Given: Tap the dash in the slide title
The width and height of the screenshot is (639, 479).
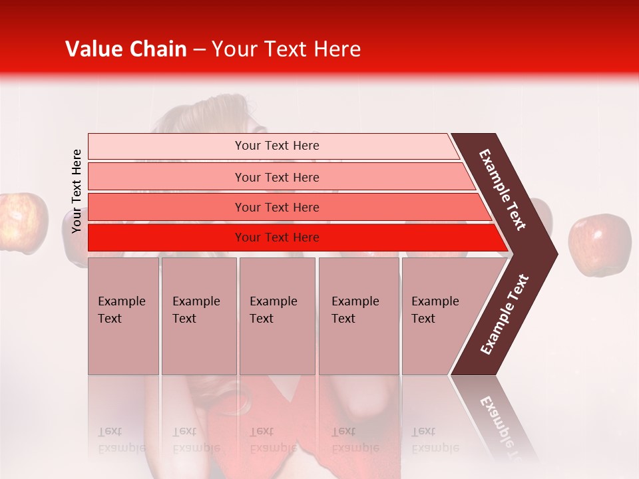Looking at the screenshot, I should click(199, 50).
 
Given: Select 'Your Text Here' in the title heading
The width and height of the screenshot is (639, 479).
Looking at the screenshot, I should click(286, 49).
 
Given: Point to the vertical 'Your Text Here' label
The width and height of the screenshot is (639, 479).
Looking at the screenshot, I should click(77, 191).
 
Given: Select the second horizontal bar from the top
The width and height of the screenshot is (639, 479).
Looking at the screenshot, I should click(276, 177).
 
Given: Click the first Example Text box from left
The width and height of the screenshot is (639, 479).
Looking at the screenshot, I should click(123, 316).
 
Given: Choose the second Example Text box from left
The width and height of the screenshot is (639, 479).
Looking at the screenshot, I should click(198, 316).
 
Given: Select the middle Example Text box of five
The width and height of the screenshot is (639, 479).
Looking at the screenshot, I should click(277, 316).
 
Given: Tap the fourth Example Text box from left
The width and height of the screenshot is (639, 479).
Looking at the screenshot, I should click(359, 316).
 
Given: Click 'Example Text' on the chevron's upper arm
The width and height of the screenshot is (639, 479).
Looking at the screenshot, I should click(503, 190).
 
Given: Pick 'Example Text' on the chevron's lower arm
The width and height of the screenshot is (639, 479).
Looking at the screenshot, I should click(505, 314).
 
